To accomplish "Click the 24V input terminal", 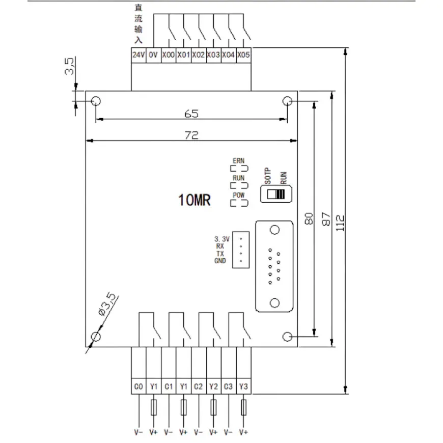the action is pyautogui.click(x=139, y=55).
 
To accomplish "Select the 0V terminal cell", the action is pyautogui.click(x=153, y=55).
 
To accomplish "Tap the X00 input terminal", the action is pyautogui.click(x=169, y=55).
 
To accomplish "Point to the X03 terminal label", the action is pyautogui.click(x=213, y=55).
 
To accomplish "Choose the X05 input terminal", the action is pyautogui.click(x=243, y=55).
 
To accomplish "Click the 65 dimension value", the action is pyautogui.click(x=191, y=114).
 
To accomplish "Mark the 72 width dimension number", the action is pyautogui.click(x=191, y=135).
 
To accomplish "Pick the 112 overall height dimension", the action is pyautogui.click(x=340, y=223).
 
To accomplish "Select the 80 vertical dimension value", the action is pyautogui.click(x=309, y=218).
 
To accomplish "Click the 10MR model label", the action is pyautogui.click(x=195, y=200).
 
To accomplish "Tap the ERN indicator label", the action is pyautogui.click(x=238, y=161).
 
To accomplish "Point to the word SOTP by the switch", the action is pyautogui.click(x=267, y=176).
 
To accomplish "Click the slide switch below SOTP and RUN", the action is pyautogui.click(x=276, y=194).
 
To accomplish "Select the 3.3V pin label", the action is pyautogui.click(x=222, y=239).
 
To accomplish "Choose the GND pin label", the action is pyautogui.click(x=220, y=261).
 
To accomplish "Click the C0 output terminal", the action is pyautogui.click(x=139, y=386).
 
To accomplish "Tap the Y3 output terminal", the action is pyautogui.click(x=243, y=386).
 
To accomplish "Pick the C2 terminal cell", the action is pyautogui.click(x=199, y=386).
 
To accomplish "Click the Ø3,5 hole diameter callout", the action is pyautogui.click(x=107, y=304).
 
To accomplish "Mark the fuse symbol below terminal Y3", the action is pyautogui.click(x=243, y=407).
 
